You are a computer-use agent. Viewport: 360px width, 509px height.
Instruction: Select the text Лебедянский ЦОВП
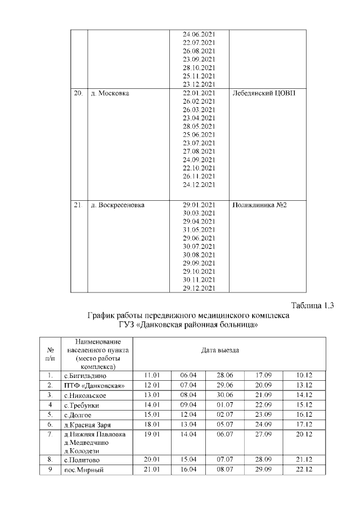click(264, 93)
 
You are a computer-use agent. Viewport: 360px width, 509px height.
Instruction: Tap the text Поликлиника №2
click(259, 205)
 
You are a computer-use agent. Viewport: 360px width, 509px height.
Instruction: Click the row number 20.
click(78, 93)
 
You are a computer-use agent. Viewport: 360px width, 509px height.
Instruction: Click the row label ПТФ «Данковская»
click(93, 385)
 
